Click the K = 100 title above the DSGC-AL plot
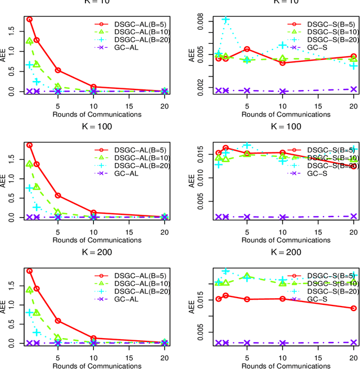[x=97, y=127]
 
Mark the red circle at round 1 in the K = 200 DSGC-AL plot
[x=29, y=271]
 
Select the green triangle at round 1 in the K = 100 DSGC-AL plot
[x=29, y=164]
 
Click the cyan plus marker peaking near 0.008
[x=226, y=20]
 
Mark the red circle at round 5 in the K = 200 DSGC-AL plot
[x=57, y=321]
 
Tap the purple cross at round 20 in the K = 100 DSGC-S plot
[x=354, y=216]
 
